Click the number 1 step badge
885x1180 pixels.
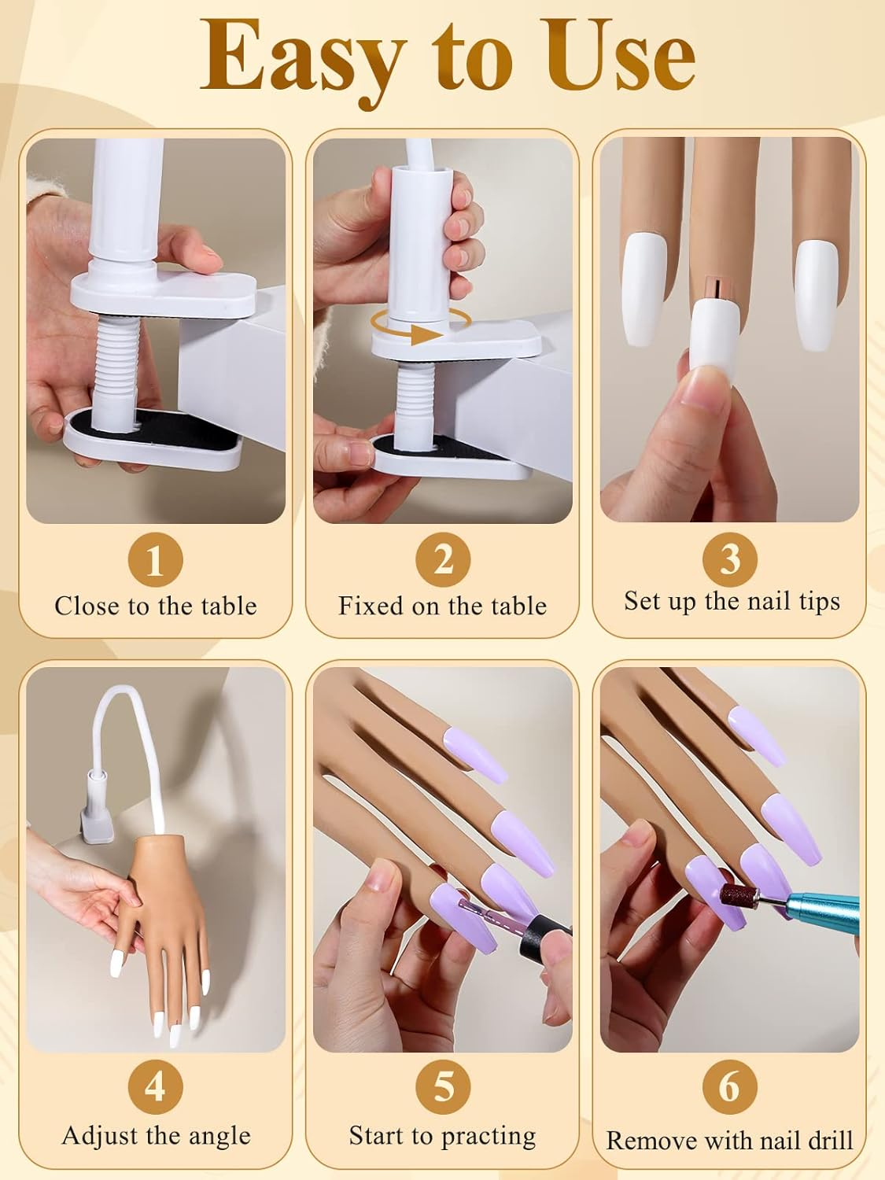pyautogui.click(x=155, y=560)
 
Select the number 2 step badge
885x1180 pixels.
pyautogui.click(x=443, y=560)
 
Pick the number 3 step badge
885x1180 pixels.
pyautogui.click(x=730, y=559)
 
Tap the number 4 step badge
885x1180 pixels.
pyautogui.click(x=155, y=1087)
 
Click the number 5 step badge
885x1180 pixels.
pyautogui.click(x=443, y=1087)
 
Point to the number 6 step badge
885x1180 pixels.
pyautogui.click(x=730, y=1087)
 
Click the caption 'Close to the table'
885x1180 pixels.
pyautogui.click(x=156, y=606)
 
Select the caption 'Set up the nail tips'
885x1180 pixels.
pyautogui.click(x=732, y=601)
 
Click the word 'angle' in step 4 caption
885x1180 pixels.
pyautogui.click(x=218, y=1137)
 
